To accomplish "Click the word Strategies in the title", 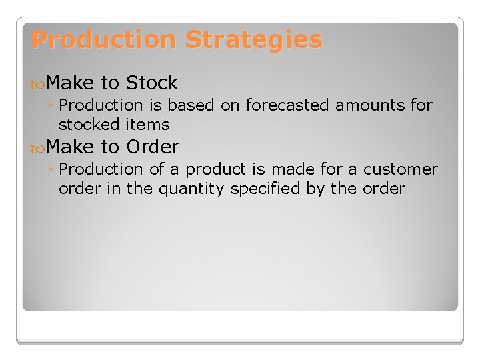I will tap(253, 40).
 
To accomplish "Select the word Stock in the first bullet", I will tap(152, 83).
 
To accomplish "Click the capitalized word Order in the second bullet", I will tap(153, 146).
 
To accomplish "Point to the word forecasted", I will tap(287, 105).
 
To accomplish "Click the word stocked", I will tap(82, 125).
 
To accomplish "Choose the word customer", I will tap(401, 169).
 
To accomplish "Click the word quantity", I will tap(191, 189).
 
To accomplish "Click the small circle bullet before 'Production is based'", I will tap(51, 106).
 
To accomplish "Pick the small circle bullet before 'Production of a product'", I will tap(51, 170).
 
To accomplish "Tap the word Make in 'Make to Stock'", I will tap(71, 83).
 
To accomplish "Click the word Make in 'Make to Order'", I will tap(71, 146).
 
